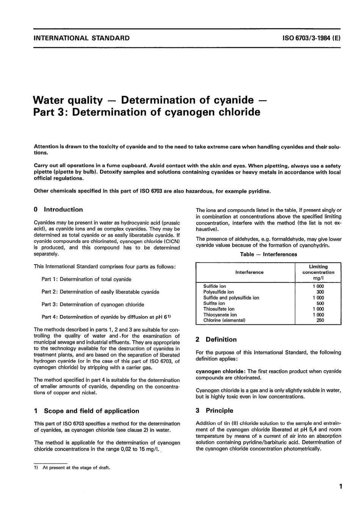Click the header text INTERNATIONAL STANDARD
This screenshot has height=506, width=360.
click(x=81, y=38)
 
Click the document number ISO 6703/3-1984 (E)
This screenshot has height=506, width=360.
click(x=311, y=38)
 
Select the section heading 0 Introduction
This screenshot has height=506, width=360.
click(x=58, y=210)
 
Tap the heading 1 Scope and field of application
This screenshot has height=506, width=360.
click(x=86, y=411)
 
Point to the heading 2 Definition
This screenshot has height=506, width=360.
click(x=216, y=340)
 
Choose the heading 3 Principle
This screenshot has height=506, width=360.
click(x=214, y=410)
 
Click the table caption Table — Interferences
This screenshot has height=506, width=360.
click(x=268, y=254)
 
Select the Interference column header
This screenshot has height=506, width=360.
click(x=249, y=272)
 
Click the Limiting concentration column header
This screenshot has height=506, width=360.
click(x=318, y=272)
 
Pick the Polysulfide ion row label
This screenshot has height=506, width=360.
click(x=219, y=292)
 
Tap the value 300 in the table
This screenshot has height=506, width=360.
click(x=320, y=292)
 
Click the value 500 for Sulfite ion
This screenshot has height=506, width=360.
click(x=320, y=303)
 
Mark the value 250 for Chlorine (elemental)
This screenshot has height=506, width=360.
click(x=320, y=320)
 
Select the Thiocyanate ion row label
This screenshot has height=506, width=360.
click(x=220, y=315)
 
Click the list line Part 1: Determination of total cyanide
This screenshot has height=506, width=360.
click(x=86, y=279)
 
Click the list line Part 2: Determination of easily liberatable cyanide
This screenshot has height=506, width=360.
click(x=100, y=292)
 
